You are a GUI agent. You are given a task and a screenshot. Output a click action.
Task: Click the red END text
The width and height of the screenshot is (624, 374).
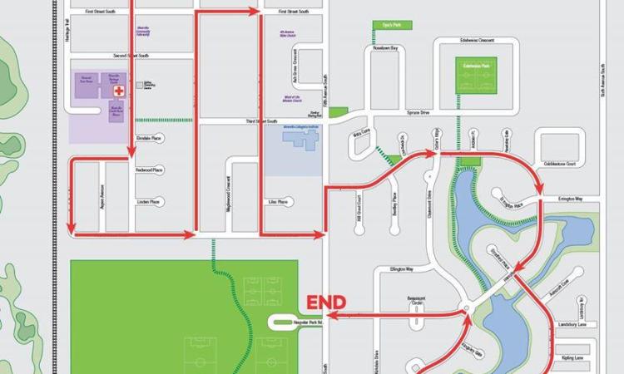[326, 303]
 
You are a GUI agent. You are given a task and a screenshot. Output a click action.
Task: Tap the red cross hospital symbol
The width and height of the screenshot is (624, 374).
[119, 90]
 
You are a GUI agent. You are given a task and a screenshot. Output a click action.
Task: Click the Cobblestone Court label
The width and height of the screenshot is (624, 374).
[558, 164]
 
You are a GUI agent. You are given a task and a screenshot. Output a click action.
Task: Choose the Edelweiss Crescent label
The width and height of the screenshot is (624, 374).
[477, 39]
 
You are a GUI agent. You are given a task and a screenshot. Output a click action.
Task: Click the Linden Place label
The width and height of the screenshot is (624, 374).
[148, 201]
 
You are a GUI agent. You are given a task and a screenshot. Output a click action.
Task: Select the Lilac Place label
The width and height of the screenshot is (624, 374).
[277, 201]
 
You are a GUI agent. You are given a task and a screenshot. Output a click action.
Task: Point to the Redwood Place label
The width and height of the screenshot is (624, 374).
[151, 170]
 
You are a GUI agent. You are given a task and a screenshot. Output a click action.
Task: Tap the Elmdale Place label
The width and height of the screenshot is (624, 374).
[151, 139]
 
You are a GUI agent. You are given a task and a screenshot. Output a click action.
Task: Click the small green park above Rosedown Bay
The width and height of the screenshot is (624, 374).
[385, 25]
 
